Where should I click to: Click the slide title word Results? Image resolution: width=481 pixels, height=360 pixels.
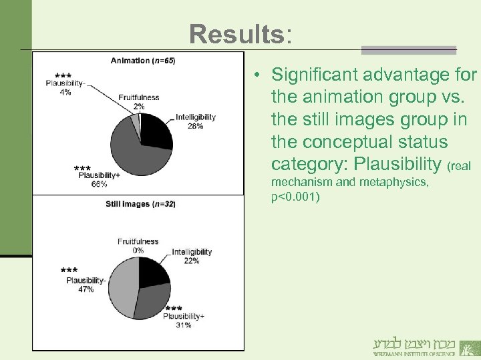[236, 33]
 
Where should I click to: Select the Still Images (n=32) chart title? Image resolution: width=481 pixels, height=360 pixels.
[140, 204]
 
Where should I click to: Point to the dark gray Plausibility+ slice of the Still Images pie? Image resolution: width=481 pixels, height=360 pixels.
[151, 301]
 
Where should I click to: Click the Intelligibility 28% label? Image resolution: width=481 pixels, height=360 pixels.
[196, 121]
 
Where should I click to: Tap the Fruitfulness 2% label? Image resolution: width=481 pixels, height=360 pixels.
[138, 101]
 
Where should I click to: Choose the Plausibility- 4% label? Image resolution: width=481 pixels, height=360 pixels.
[65, 87]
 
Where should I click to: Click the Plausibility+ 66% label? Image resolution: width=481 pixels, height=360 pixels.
[99, 179]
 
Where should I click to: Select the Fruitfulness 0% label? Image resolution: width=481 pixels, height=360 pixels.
[138, 245]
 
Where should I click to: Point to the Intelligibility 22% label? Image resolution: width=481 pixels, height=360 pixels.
[192, 256]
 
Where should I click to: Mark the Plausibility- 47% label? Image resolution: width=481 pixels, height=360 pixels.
[86, 285]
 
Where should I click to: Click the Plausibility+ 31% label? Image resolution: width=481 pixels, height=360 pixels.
[184, 320]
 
